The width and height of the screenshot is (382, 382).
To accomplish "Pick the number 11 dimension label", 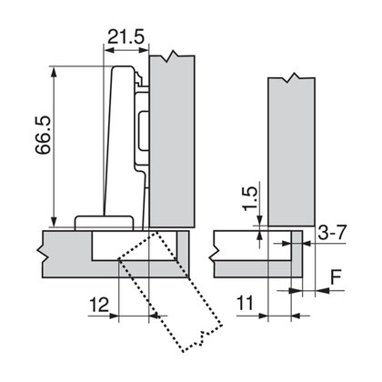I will pos(243,302).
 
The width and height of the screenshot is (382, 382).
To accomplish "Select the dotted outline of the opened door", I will pos(173,291).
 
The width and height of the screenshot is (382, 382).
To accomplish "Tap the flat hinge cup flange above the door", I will pos(104,220).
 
